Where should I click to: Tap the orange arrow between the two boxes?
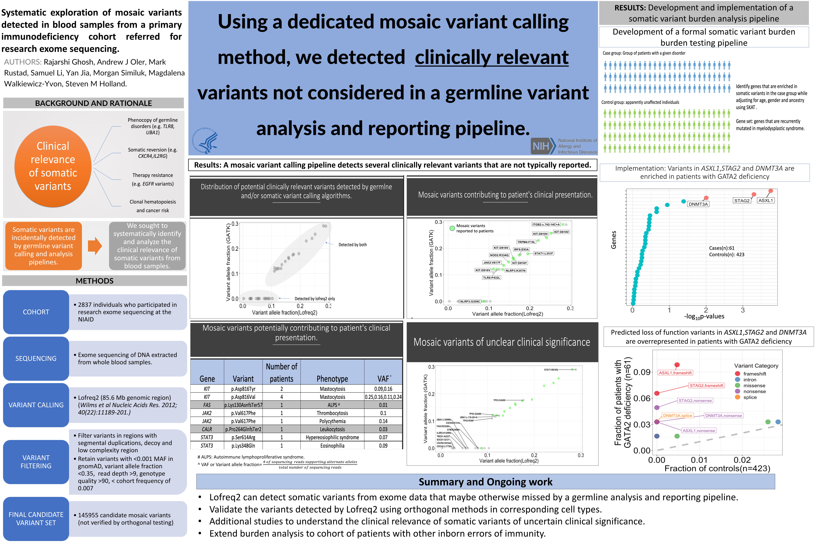[95, 246]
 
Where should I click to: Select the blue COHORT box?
[36, 312]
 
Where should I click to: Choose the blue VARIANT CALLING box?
[36, 405]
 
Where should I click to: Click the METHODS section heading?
[95, 281]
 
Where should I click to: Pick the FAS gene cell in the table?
[207, 405]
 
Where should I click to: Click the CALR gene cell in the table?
[207, 429]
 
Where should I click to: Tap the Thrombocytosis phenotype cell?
[332, 413]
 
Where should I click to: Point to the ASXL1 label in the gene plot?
[766, 201]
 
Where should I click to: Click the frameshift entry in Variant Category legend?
[754, 374]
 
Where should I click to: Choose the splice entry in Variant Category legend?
[750, 397]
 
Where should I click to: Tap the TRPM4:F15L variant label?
[526, 242]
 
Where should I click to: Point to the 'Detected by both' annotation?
[353, 245]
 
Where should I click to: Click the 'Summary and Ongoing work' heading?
[485, 482]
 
